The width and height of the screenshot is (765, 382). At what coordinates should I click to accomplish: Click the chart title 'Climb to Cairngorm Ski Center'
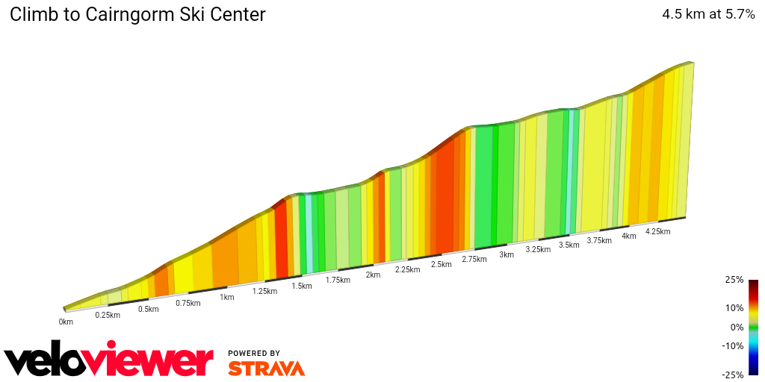tap(137, 15)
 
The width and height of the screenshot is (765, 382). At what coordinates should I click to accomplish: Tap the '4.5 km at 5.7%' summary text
tap(708, 14)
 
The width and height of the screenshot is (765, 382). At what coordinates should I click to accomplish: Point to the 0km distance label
tap(66, 322)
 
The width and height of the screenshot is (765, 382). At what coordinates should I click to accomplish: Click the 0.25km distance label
tap(108, 316)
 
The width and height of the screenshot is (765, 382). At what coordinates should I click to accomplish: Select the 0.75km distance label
tap(188, 303)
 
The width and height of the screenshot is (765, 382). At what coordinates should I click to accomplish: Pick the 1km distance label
tap(227, 297)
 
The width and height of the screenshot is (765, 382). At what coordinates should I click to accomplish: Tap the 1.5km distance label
tap(302, 286)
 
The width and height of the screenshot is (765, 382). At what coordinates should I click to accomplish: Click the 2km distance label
tap(373, 275)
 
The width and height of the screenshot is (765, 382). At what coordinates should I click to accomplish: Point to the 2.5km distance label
tap(442, 265)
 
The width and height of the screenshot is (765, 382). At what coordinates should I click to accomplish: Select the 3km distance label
tap(507, 255)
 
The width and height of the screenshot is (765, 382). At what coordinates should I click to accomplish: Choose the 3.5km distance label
tap(569, 245)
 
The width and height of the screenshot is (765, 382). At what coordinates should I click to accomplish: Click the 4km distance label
tap(629, 237)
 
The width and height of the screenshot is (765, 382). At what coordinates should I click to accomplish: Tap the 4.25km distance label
tap(658, 231)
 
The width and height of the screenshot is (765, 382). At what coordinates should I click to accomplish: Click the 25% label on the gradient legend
tap(734, 280)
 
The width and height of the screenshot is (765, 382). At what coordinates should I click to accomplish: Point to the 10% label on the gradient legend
tap(734, 307)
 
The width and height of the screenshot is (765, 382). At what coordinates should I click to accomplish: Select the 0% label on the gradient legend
tap(737, 327)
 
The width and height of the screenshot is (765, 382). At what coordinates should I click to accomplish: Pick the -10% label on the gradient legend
tap(733, 345)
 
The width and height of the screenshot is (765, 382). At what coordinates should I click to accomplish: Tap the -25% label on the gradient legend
tap(733, 375)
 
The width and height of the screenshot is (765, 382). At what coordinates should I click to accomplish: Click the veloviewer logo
tap(109, 360)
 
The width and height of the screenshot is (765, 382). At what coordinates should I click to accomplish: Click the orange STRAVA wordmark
tap(266, 368)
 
